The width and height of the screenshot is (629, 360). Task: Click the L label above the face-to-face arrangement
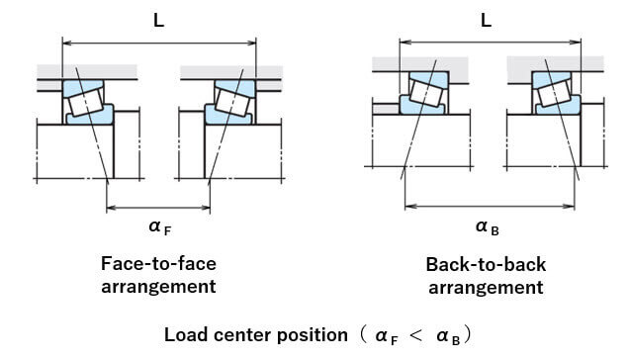click(x=159, y=20)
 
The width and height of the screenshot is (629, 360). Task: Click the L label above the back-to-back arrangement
click(x=486, y=20)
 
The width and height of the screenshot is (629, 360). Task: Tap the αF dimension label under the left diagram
click(x=159, y=227)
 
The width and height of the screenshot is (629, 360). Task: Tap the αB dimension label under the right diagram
click(x=487, y=227)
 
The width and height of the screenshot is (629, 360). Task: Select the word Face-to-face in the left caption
click(x=158, y=264)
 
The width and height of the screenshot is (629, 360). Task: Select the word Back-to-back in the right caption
click(x=486, y=264)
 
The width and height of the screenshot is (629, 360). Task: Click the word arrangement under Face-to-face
click(x=158, y=287)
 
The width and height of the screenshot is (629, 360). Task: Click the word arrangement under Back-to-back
click(x=486, y=288)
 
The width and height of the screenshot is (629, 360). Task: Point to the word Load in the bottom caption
click(x=186, y=334)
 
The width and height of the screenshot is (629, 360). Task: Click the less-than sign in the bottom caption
click(x=415, y=335)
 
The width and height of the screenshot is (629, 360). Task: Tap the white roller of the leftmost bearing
click(x=86, y=102)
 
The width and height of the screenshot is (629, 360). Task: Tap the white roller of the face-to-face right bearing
click(x=232, y=103)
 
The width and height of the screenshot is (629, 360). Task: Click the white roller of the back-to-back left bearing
click(x=426, y=93)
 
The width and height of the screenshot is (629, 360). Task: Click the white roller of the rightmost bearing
click(x=554, y=93)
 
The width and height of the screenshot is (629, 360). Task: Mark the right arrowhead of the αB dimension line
click(x=570, y=207)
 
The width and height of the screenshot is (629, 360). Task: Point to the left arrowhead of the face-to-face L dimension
click(x=67, y=43)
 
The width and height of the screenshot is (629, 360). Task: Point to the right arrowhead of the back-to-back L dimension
click(x=576, y=42)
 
